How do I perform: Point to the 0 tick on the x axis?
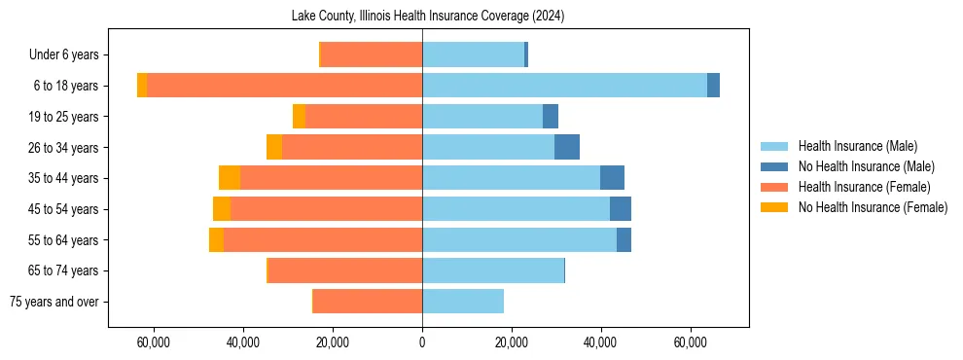(422, 342)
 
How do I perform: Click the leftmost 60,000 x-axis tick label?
(154, 342)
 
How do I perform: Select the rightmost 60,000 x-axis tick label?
(691, 342)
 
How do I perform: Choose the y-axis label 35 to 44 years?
(63, 178)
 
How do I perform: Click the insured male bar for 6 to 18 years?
(564, 86)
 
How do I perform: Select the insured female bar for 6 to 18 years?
(284, 86)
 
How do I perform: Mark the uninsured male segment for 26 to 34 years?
(567, 147)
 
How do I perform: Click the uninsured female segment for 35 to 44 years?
(230, 178)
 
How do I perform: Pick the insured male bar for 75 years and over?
(463, 302)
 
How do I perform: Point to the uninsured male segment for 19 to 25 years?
(551, 117)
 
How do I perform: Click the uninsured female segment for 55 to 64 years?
(216, 240)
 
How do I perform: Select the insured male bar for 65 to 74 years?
(493, 270)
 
